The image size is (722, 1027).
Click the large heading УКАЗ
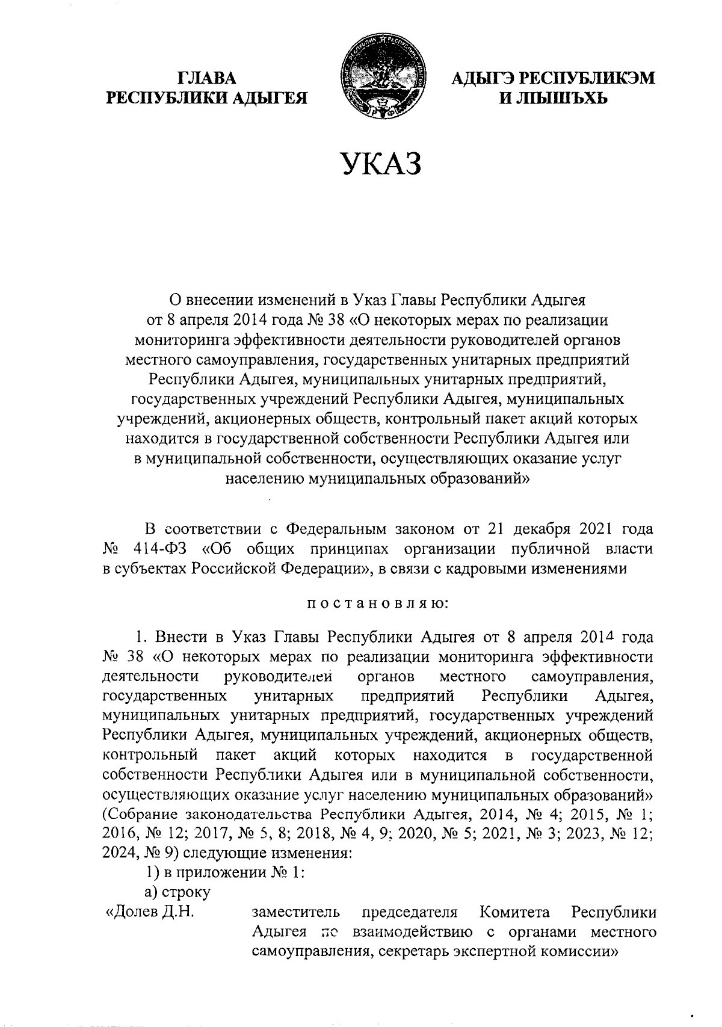pyautogui.click(x=380, y=165)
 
